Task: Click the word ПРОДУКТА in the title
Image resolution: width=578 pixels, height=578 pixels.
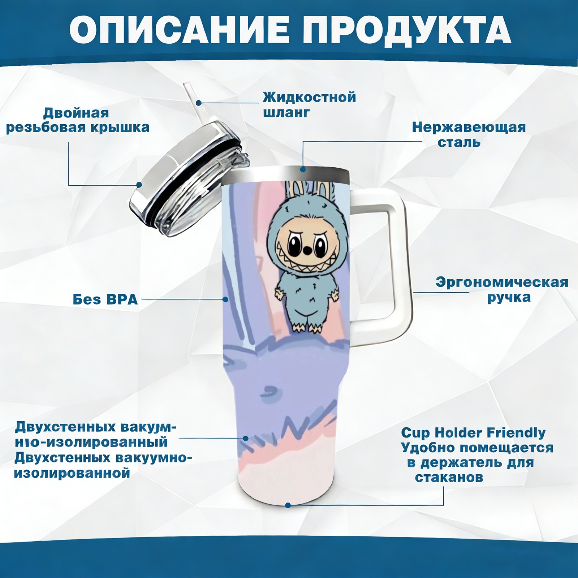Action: [x=407, y=31]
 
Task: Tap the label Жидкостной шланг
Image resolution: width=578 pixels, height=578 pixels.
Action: [x=309, y=105]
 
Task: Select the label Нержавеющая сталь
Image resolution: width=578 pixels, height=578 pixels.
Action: [x=469, y=134]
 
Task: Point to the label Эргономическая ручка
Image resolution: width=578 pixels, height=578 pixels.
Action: [x=502, y=290]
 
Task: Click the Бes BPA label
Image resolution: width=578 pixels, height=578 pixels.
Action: [x=105, y=299]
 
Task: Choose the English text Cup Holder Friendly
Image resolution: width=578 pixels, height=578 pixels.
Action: [x=473, y=432]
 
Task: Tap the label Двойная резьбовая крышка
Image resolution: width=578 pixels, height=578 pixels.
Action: [x=78, y=120]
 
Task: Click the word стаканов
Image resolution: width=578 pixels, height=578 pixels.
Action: [x=449, y=477]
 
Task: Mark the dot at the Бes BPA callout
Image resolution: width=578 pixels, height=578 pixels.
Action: [x=225, y=299]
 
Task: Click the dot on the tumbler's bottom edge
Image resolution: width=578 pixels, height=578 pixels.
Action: [x=288, y=505]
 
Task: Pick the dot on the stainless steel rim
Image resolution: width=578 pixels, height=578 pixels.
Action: [x=303, y=169]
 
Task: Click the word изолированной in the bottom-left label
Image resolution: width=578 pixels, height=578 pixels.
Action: [x=72, y=473]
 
